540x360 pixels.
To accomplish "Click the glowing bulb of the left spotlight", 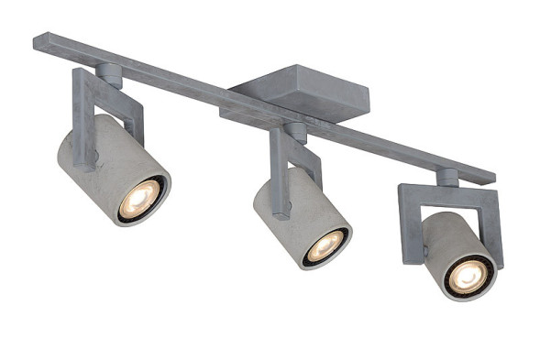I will [x=140, y=198].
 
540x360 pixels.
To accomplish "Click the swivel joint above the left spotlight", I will [x=108, y=74].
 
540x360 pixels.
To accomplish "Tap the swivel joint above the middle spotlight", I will [x=295, y=132].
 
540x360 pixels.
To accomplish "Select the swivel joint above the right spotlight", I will [x=447, y=177].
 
